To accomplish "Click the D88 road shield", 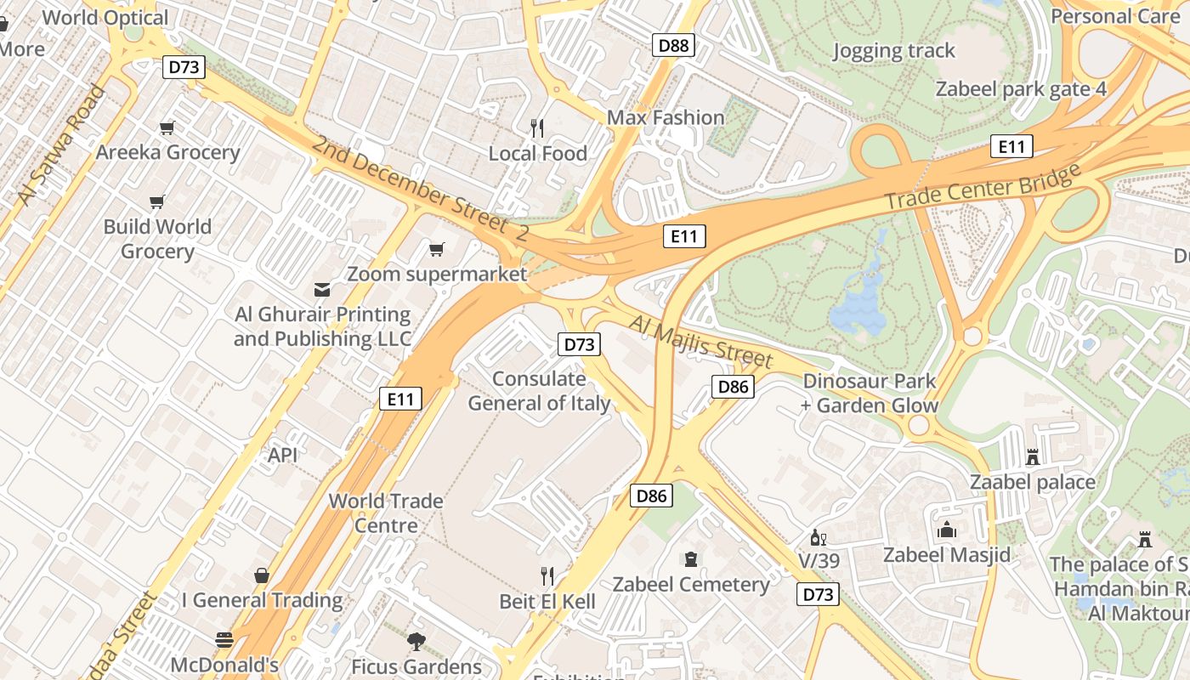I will click(x=674, y=45).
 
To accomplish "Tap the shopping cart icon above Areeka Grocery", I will click(x=167, y=128).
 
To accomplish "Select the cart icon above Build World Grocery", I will click(x=156, y=202).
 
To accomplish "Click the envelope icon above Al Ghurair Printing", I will click(x=322, y=290).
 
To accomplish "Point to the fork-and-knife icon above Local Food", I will click(x=537, y=128).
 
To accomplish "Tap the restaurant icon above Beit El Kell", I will click(x=547, y=576).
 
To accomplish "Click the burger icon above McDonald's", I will click(x=224, y=639).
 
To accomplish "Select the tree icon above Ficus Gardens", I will click(x=416, y=641).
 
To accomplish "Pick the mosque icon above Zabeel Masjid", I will click(x=947, y=530).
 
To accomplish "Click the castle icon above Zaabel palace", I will click(x=1033, y=457).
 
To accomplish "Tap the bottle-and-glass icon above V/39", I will click(x=819, y=537).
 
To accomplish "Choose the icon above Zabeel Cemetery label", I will click(x=690, y=559).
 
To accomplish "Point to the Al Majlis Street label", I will click(x=701, y=341).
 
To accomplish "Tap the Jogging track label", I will click(x=893, y=51).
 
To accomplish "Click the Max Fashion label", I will click(x=666, y=117).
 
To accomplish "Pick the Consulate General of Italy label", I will click(x=539, y=391).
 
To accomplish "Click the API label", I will click(x=283, y=455).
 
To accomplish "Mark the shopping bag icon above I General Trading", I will click(x=262, y=575).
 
